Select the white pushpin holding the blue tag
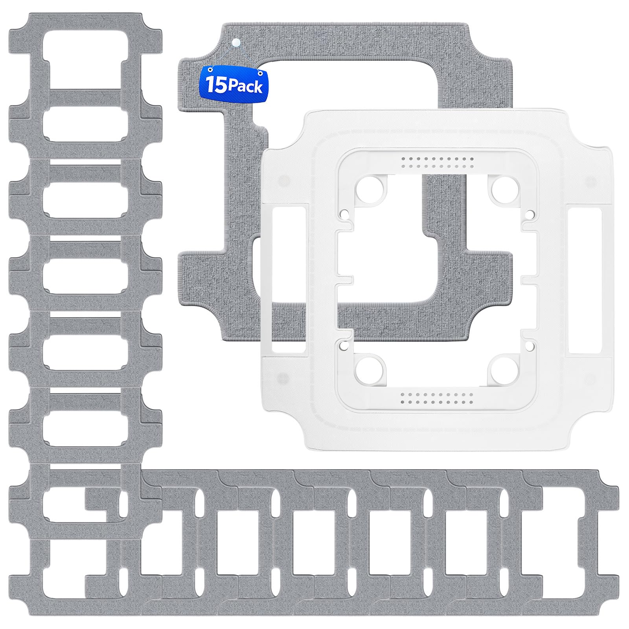[x=235, y=42]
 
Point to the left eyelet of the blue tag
[x=211, y=70]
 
